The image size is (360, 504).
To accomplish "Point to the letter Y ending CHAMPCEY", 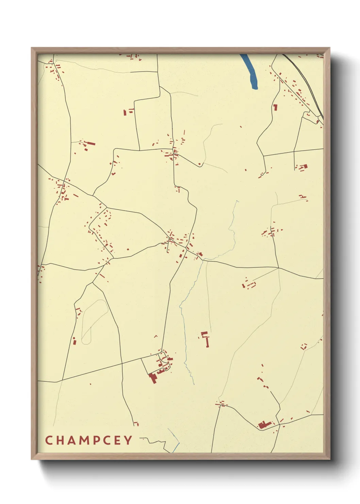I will pos(128,440).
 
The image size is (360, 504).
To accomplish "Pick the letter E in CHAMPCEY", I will pos(118,440).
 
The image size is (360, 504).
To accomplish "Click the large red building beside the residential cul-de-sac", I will pos(152,377).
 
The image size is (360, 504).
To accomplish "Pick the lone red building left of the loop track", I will pos(74,341).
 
